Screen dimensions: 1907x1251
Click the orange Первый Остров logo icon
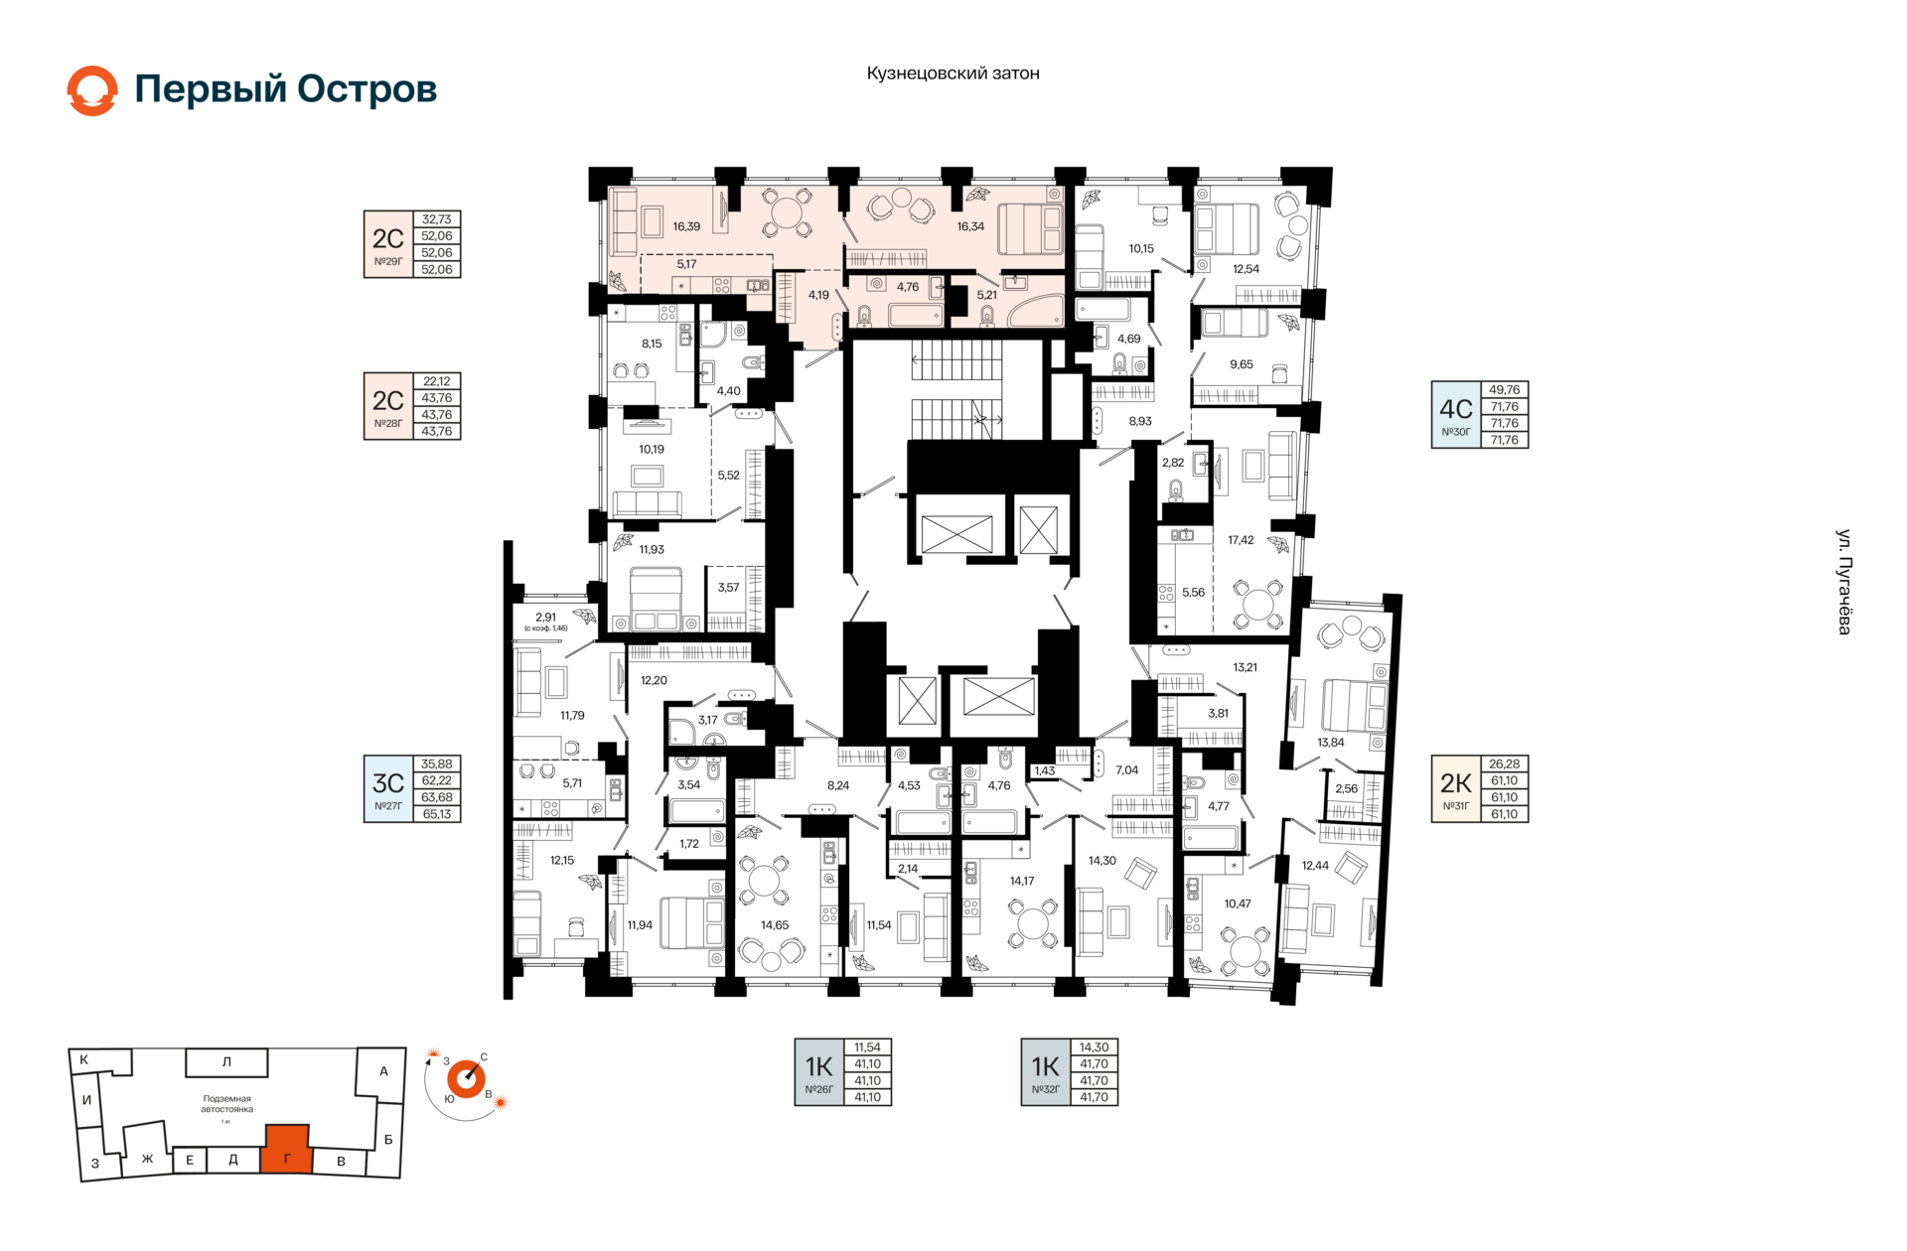point(92,90)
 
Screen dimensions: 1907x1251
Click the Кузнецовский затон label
point(953,73)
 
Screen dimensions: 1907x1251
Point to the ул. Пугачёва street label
point(1843,582)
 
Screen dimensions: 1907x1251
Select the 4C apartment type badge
point(1456,415)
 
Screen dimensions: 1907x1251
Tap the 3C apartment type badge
point(388,789)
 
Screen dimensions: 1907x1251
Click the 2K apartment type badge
point(1456,789)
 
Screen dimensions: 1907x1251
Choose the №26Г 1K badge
point(819,1072)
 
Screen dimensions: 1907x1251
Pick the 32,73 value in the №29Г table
point(437,219)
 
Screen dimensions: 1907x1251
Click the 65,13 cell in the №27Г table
point(437,814)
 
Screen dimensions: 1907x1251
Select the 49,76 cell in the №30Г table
point(1505,390)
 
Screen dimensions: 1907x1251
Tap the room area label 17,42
point(1241,540)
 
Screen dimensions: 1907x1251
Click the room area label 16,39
point(686,226)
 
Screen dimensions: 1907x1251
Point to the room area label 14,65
point(775,925)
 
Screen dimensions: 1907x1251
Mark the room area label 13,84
point(1331,743)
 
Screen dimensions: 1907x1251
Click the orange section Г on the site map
point(287,1150)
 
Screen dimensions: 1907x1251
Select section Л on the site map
point(226,1062)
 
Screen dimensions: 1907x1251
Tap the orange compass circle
point(466,1079)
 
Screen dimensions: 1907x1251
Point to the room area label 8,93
point(1140,421)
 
